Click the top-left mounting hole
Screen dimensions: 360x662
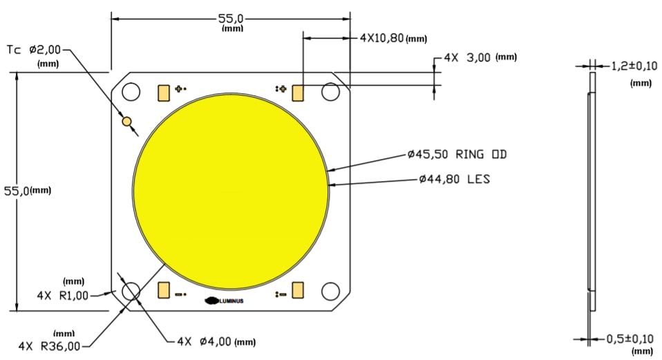(x=131, y=92)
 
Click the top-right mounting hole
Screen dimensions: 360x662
(x=330, y=92)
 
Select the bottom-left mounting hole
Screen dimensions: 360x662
(x=131, y=292)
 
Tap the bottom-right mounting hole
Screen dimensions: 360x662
(x=330, y=292)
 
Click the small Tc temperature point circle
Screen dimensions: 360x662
(x=126, y=122)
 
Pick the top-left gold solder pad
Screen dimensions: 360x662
(x=164, y=93)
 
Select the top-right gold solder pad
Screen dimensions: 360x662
(x=299, y=93)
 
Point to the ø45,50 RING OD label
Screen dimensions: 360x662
(x=457, y=154)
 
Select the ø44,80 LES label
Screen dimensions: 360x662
(x=454, y=179)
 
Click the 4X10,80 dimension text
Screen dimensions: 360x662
(x=381, y=38)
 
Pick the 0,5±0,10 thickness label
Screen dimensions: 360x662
(x=629, y=339)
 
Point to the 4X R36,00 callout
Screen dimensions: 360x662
(x=49, y=345)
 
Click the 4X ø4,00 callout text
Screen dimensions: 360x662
(x=205, y=341)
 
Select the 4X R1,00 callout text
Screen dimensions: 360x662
(x=63, y=295)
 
